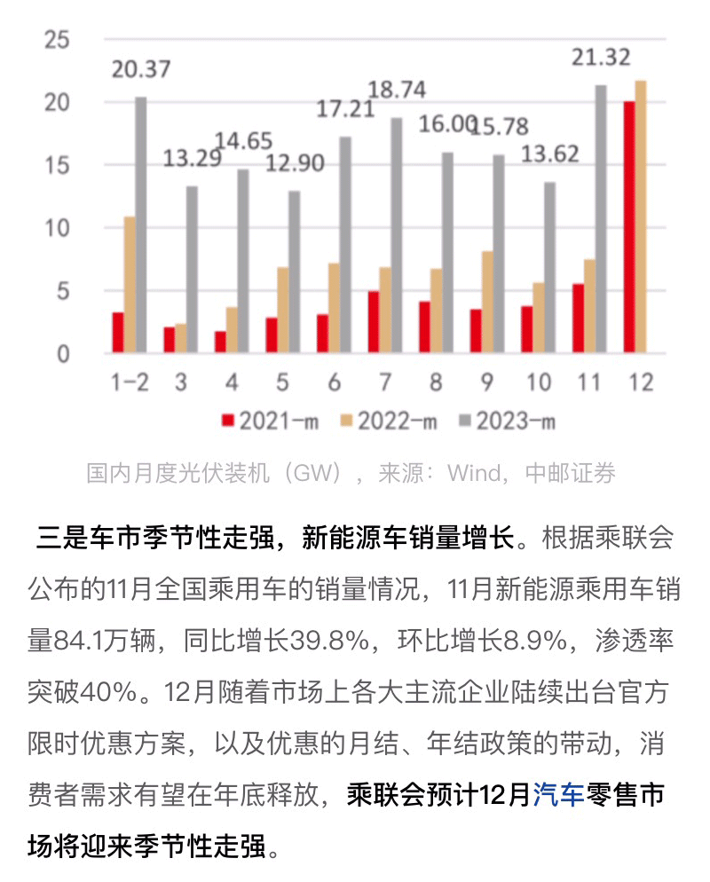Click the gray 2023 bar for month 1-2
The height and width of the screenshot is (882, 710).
pyautogui.click(x=140, y=225)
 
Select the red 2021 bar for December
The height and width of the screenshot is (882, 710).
pyautogui.click(x=628, y=227)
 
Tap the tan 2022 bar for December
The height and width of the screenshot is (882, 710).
pyautogui.click(x=641, y=217)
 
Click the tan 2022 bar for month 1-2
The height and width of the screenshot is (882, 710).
pyautogui.click(x=129, y=285)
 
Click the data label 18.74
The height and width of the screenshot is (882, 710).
pyautogui.click(x=396, y=91)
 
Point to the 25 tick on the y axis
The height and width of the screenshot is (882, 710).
pyautogui.click(x=58, y=40)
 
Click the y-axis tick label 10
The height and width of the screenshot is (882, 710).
pyautogui.click(x=58, y=229)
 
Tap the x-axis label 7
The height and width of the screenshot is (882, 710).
pyautogui.click(x=384, y=383)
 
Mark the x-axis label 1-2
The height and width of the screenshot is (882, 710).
pyautogui.click(x=130, y=383)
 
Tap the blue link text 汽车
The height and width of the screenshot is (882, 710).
pyautogui.click(x=558, y=795)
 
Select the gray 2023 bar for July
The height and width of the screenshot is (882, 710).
pyautogui.click(x=396, y=236)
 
